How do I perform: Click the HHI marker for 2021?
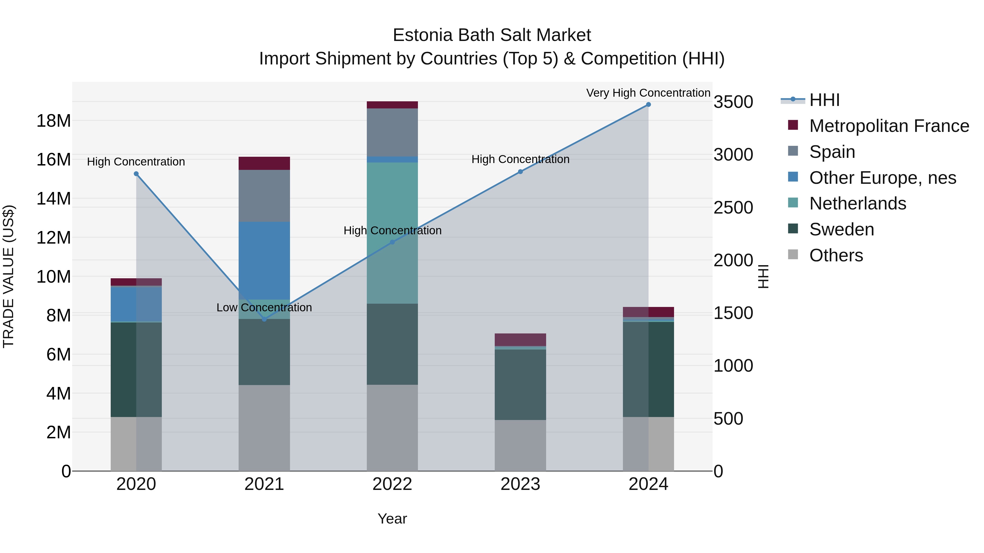(x=264, y=319)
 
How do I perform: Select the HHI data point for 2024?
(x=648, y=105)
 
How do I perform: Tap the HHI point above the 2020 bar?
(x=136, y=174)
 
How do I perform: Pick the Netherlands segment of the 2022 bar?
(x=392, y=233)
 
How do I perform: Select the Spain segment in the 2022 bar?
(x=392, y=132)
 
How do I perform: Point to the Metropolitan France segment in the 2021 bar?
(x=264, y=163)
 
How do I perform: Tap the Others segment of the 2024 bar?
(x=648, y=443)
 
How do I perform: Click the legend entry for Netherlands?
(x=857, y=203)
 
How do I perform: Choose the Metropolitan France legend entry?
(x=889, y=126)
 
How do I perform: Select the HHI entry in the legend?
(x=824, y=100)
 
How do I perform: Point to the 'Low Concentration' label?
(x=264, y=307)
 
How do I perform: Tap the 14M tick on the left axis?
(x=54, y=199)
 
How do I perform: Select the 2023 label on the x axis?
(x=520, y=484)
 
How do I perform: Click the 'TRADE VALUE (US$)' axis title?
(x=8, y=276)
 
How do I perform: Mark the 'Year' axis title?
(x=392, y=519)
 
